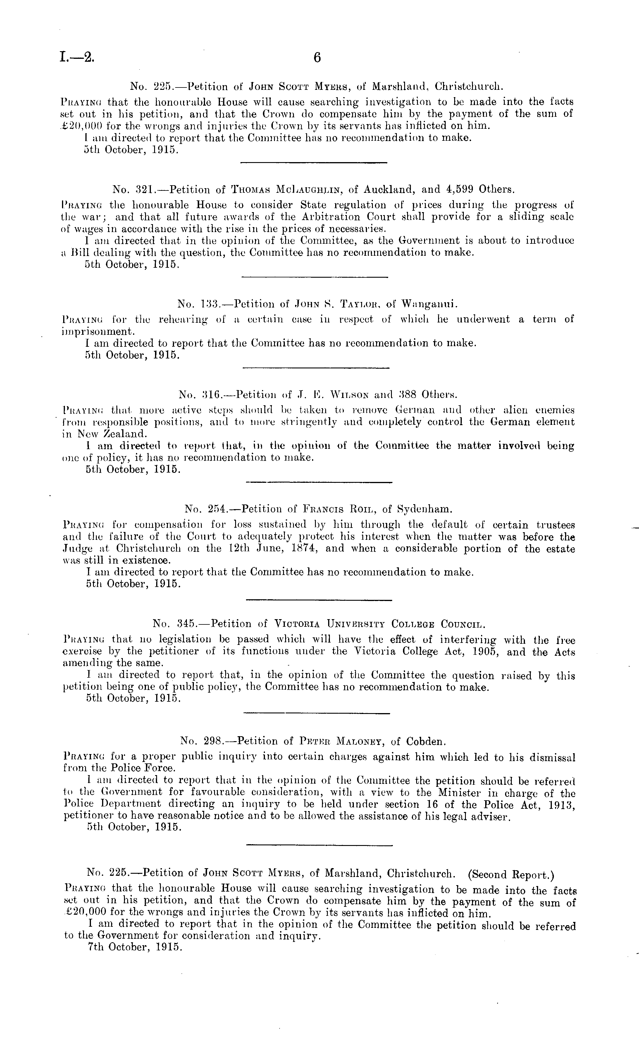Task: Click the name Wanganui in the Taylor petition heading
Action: [428, 304]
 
